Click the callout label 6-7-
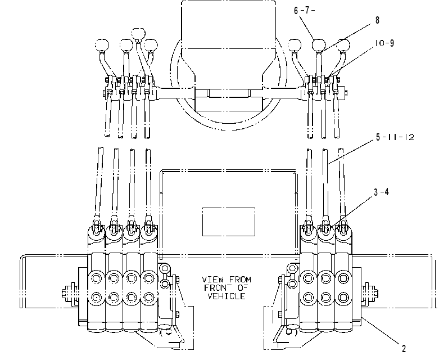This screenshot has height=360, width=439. pyautogui.click(x=304, y=11)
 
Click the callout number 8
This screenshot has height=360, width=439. pyautogui.click(x=377, y=20)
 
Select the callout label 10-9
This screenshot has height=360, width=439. pyautogui.click(x=384, y=43)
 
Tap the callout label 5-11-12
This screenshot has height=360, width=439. pyautogui.click(x=395, y=137)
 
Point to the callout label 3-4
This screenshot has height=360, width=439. pyautogui.click(x=381, y=192)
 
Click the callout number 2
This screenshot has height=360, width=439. pyautogui.click(x=404, y=349)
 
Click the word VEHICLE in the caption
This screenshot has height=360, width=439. pyautogui.click(x=227, y=296)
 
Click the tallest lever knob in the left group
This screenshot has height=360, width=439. pyautogui.click(x=138, y=34)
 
